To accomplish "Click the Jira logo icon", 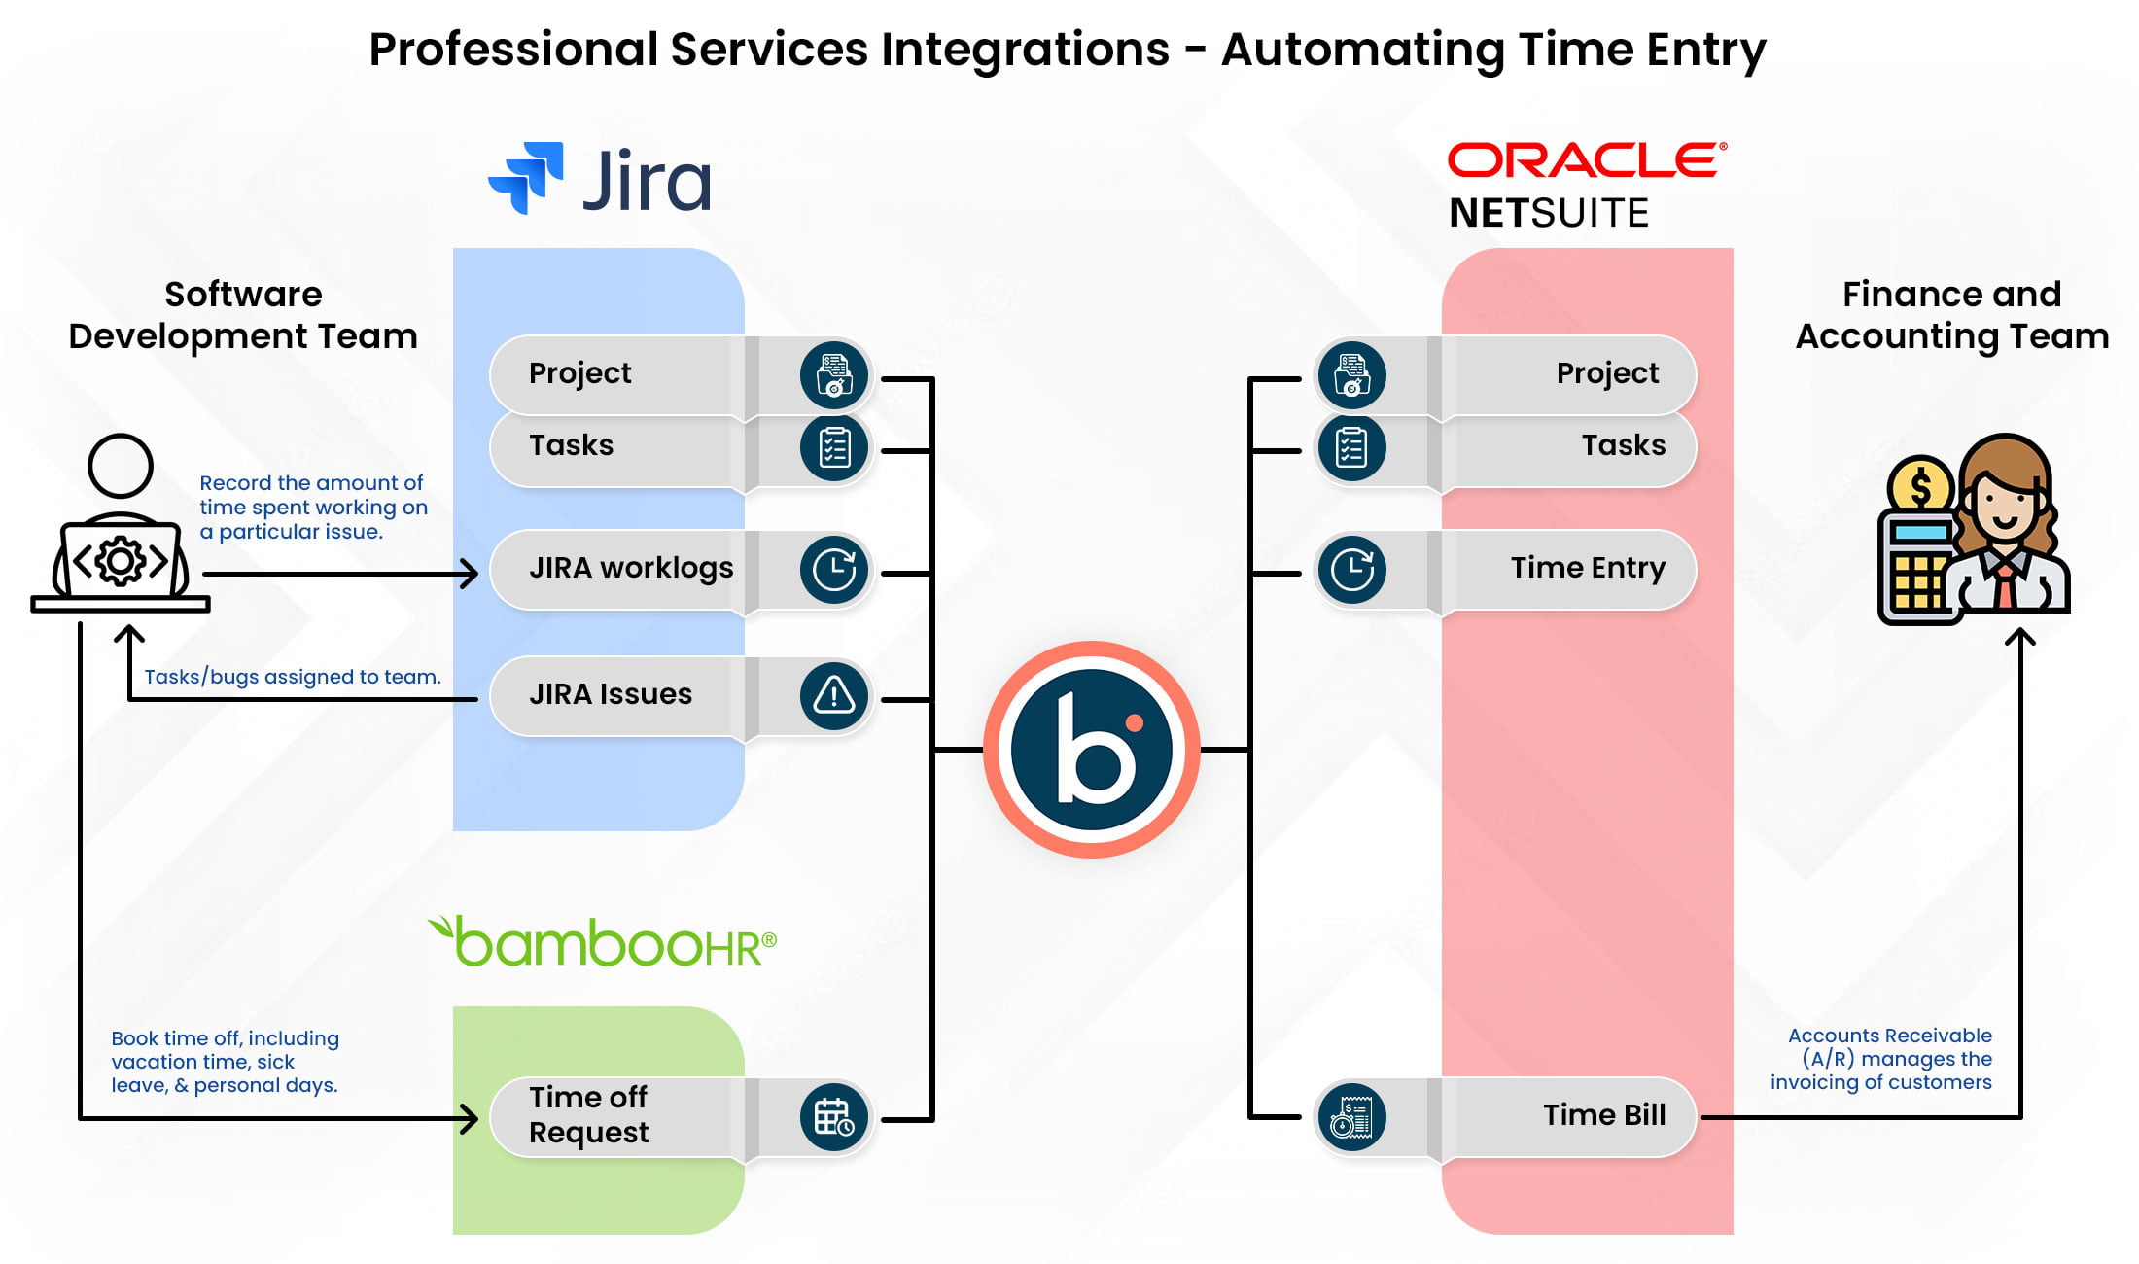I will click(526, 177).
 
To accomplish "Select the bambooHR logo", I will click(603, 942).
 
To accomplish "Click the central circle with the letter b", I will click(1092, 750).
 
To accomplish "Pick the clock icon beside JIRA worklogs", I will click(833, 570).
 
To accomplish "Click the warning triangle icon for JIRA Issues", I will click(833, 695).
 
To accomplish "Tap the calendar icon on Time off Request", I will click(833, 1117).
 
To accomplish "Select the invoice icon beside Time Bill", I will click(1351, 1117).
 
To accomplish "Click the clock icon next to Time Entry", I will click(1351, 570).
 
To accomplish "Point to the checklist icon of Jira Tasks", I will click(833, 447).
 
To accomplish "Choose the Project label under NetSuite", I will click(1607, 373).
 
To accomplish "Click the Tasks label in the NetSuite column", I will click(1623, 445).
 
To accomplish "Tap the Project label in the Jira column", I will click(579, 373).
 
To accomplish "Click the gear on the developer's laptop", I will click(121, 561).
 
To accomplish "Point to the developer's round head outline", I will click(121, 466).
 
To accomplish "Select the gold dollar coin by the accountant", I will click(1919, 486).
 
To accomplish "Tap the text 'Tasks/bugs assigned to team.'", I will click(293, 677).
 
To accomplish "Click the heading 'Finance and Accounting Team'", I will click(1951, 315).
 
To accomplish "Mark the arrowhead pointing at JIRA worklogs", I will click(470, 574).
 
